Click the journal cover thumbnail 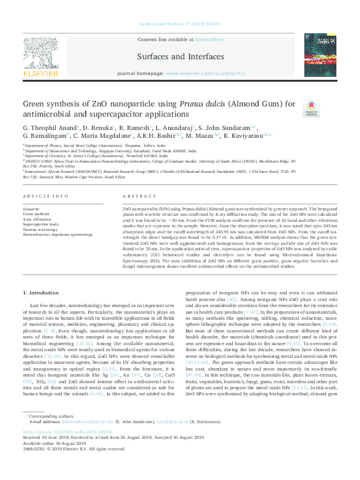[x=319, y=55]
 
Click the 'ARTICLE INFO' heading [x=41, y=197]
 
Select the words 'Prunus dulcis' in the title [x=182, y=104]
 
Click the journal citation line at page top [x=180, y=24]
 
